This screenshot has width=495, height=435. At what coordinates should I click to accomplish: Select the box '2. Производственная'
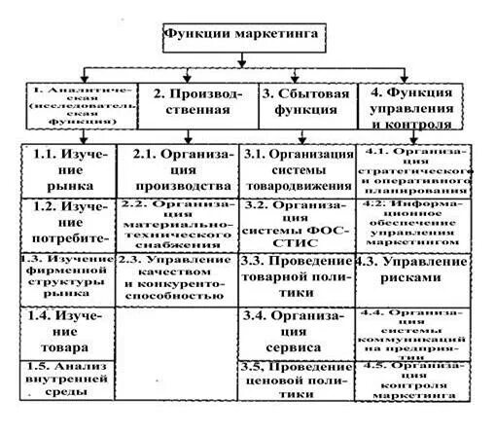202,102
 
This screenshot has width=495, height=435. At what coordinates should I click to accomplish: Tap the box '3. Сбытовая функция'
306,102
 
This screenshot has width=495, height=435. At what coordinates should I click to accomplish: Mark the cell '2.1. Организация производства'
177,168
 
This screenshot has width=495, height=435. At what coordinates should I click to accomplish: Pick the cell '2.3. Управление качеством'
177,277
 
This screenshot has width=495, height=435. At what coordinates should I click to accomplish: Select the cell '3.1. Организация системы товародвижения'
298,168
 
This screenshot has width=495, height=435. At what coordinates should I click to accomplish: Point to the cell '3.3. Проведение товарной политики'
298,277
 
